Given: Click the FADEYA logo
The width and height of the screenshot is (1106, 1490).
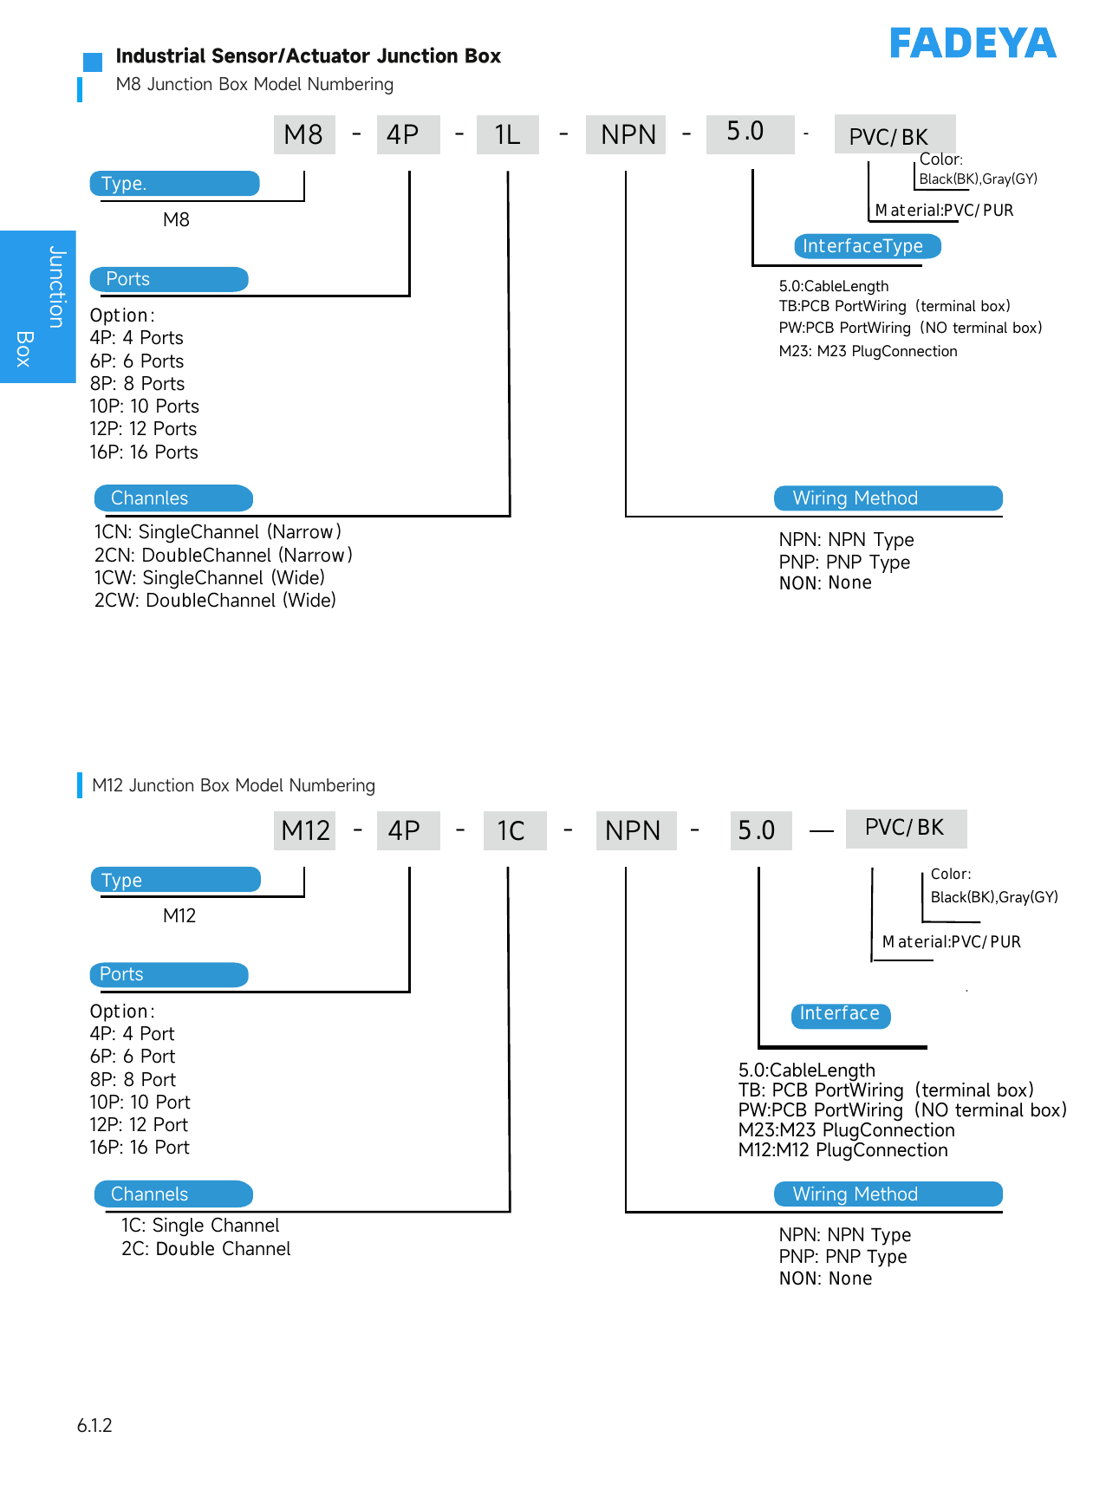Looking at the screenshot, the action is pos(973,43).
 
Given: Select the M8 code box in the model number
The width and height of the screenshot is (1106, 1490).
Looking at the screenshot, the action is pos(304,134).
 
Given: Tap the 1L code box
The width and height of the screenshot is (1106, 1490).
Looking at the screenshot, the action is pos(508,134).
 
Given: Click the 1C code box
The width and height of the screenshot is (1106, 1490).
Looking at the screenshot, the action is pos(515,830).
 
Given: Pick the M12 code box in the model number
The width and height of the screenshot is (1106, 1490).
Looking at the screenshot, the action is pos(304,830).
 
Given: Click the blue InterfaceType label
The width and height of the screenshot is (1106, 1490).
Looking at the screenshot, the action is pos(868,246).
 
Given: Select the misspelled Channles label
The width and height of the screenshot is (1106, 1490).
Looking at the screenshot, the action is pos(173,498).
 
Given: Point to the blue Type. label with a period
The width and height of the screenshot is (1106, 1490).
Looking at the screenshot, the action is pos(175,184).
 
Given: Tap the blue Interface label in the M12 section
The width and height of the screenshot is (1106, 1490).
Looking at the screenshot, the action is pos(841,1015).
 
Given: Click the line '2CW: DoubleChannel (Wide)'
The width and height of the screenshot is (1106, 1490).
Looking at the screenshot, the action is pos(215,601).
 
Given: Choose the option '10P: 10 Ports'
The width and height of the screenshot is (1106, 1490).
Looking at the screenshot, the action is pos(145,407).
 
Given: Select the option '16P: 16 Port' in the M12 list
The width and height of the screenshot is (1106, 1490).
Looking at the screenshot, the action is pos(140,1148).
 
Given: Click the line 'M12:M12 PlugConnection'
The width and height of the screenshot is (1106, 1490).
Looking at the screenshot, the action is pos(843,1150).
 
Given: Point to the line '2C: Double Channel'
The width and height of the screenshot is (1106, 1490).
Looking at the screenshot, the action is pos(206,1249).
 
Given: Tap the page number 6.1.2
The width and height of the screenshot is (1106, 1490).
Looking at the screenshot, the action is pos(94,1426).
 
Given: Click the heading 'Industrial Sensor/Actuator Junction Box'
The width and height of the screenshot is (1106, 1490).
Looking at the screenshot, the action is pos(309,56).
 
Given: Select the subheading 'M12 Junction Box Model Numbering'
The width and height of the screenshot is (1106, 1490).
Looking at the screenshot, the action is pos(234,785).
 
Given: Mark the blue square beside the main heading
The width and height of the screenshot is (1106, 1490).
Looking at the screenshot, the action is pos(93,62).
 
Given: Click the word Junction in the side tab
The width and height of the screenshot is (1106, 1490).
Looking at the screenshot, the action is pos(57,287).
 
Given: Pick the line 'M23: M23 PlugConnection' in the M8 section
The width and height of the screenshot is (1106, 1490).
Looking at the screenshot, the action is pos(869,351).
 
